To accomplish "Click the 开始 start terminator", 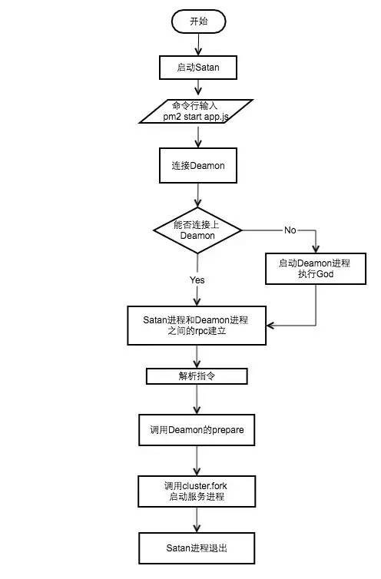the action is pyautogui.click(x=199, y=22).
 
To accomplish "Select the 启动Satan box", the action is pyautogui.click(x=198, y=68).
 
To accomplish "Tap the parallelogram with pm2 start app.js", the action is pyautogui.click(x=196, y=111).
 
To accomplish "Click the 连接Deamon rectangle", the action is pyautogui.click(x=198, y=165).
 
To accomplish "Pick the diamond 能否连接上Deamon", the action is pyautogui.click(x=197, y=230).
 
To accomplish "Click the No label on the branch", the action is pyautogui.click(x=290, y=230).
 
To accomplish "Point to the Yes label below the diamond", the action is pyautogui.click(x=197, y=280).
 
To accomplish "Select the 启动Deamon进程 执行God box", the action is pyautogui.click(x=316, y=269).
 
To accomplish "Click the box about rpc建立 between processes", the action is pyautogui.click(x=197, y=326).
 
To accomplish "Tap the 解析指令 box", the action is pyautogui.click(x=197, y=376).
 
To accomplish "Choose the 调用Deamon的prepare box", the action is pyautogui.click(x=197, y=430).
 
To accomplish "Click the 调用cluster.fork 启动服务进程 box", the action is pyautogui.click(x=197, y=491).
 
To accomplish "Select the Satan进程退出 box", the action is pyautogui.click(x=197, y=548).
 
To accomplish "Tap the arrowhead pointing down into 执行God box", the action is pyautogui.click(x=316, y=249).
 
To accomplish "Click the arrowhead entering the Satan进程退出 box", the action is pyautogui.click(x=197, y=528).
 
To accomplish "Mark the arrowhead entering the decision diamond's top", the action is pyautogui.click(x=197, y=203).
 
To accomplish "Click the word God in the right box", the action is pyautogui.click(x=325, y=274).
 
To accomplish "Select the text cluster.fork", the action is pyautogui.click(x=205, y=486).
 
